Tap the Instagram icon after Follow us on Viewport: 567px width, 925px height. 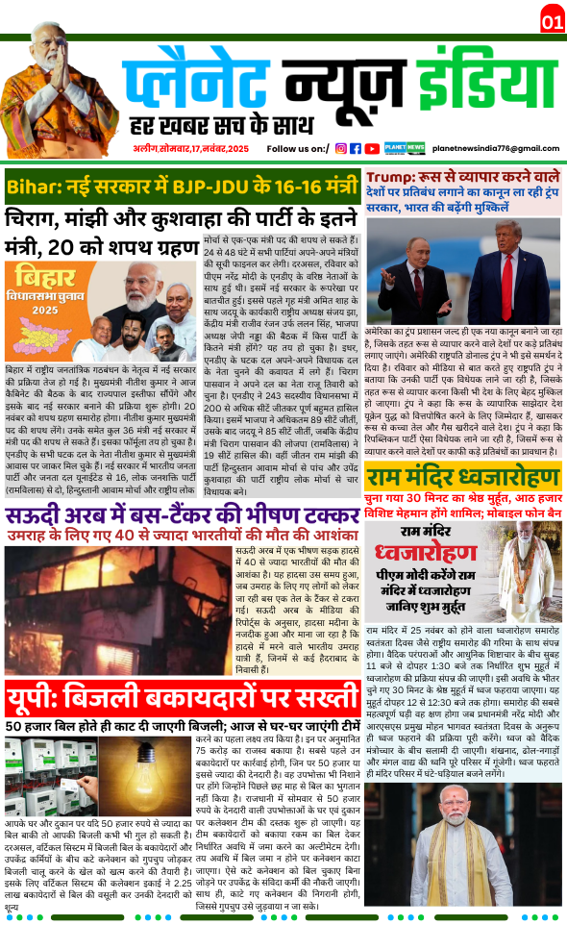340,148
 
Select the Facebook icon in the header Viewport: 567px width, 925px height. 356,148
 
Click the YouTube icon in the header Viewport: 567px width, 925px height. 371,148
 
